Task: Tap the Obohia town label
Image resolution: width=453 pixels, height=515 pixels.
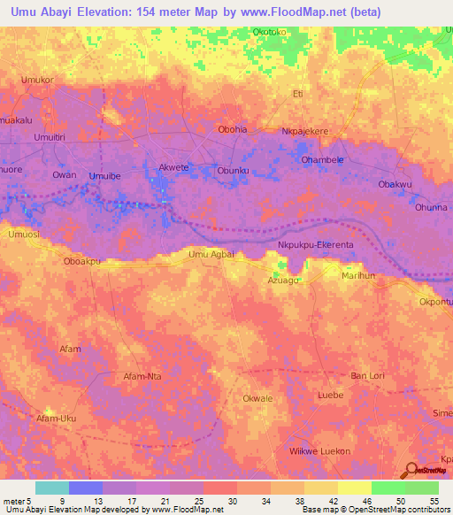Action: pyautogui.click(x=233, y=129)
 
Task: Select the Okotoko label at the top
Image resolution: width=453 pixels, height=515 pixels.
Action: pyautogui.click(x=271, y=32)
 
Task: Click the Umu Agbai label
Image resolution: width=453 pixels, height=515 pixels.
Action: pyautogui.click(x=211, y=255)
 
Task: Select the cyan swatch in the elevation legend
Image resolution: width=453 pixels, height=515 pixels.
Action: pyautogui.click(x=52, y=488)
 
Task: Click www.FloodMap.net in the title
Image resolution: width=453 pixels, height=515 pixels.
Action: pyautogui.click(x=288, y=11)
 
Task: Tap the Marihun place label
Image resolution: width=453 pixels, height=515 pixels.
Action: pyautogui.click(x=359, y=276)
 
